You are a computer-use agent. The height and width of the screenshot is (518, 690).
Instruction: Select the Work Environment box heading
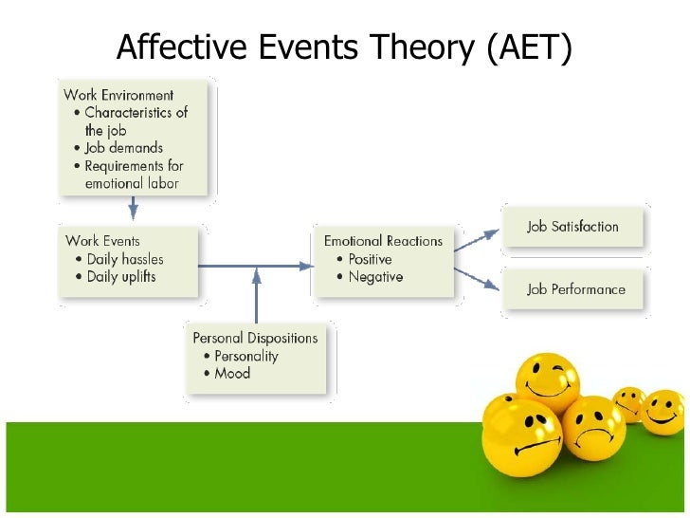118,95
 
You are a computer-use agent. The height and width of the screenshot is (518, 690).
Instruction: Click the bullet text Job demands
124,148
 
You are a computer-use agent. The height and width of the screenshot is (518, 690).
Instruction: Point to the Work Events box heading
102,240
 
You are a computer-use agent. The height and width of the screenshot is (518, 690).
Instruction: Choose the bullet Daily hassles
125,259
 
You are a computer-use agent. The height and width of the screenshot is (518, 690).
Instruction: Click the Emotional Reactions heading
383,241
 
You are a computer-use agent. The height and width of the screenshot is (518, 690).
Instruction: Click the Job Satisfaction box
572,227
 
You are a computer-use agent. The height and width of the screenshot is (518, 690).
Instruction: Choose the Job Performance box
575,289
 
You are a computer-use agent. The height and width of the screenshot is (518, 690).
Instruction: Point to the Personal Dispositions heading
255,337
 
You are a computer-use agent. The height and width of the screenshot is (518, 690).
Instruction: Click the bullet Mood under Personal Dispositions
232,374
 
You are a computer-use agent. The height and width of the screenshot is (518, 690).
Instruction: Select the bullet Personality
246,356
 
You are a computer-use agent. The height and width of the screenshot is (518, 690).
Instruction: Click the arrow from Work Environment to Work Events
133,208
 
